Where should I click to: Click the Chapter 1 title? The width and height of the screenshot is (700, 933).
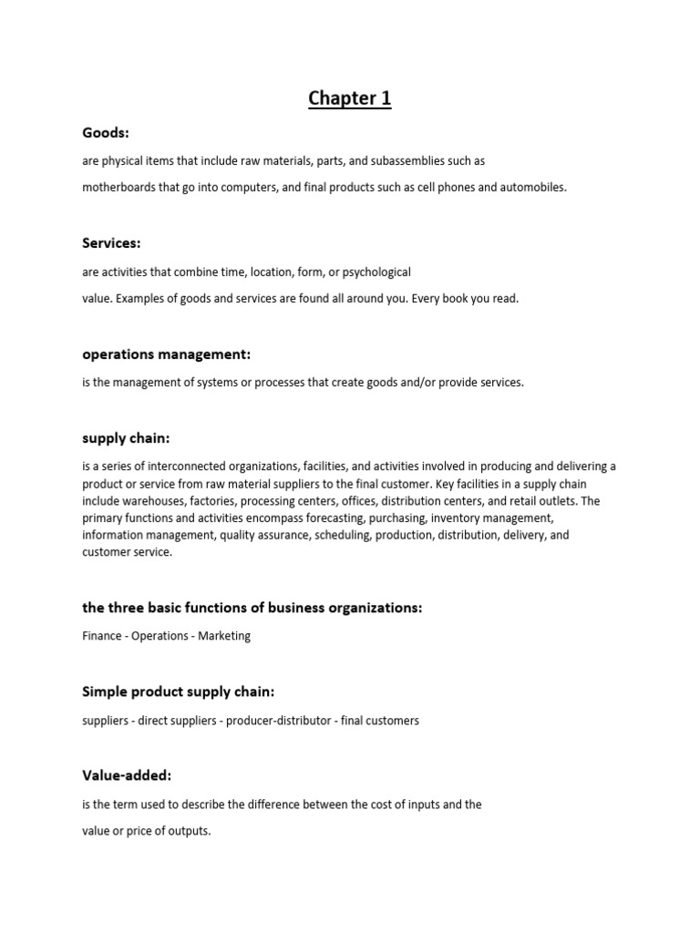tap(349, 98)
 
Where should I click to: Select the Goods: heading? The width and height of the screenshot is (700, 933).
tap(106, 133)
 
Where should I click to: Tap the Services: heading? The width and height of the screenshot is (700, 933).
tap(111, 243)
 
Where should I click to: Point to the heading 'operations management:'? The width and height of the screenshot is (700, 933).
tap(166, 354)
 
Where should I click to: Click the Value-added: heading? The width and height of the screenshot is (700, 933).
tap(127, 775)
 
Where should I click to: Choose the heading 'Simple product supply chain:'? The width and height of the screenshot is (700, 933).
tap(178, 692)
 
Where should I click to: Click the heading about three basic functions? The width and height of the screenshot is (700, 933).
tap(252, 608)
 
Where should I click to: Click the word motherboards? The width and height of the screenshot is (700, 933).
tap(118, 188)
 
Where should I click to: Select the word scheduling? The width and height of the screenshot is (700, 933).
tap(340, 536)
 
